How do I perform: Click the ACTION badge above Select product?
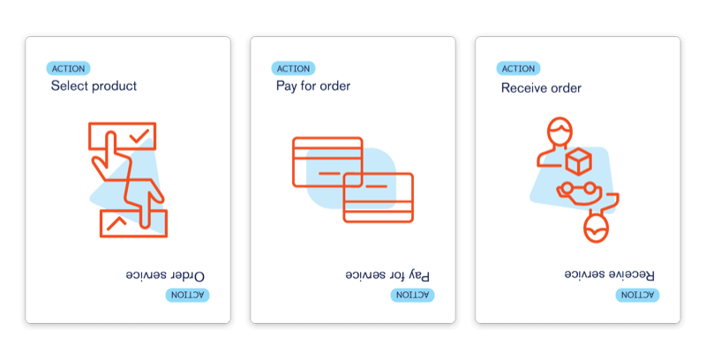point(69,69)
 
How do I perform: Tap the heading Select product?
point(94,86)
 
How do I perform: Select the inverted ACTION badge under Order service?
point(187,294)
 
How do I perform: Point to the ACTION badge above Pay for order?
point(294,69)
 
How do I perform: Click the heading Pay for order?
point(313,86)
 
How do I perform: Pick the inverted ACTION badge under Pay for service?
point(412,294)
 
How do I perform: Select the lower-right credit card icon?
point(379,197)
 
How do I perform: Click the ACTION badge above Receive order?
point(519,69)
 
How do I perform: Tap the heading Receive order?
point(541,87)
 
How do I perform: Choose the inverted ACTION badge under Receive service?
point(636,294)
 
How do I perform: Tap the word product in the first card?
point(114,86)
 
